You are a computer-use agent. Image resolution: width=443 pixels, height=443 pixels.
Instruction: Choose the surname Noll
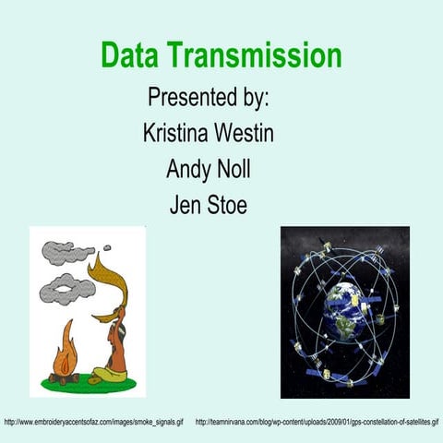pyautogui.click(x=233, y=170)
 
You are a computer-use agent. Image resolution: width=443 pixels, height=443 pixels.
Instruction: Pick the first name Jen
pyautogui.click(x=184, y=205)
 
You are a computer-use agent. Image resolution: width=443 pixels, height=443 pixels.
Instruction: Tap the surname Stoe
pyautogui.click(x=227, y=205)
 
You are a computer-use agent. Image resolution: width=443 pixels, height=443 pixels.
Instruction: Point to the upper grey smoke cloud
pyautogui.click(x=66, y=251)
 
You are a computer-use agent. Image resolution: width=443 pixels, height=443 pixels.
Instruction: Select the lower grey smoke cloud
pyautogui.click(x=66, y=289)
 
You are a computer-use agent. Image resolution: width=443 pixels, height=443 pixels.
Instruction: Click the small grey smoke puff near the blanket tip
pyautogui.click(x=107, y=247)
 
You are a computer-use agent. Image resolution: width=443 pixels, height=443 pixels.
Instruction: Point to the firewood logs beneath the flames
pyautogui.click(x=65, y=376)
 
